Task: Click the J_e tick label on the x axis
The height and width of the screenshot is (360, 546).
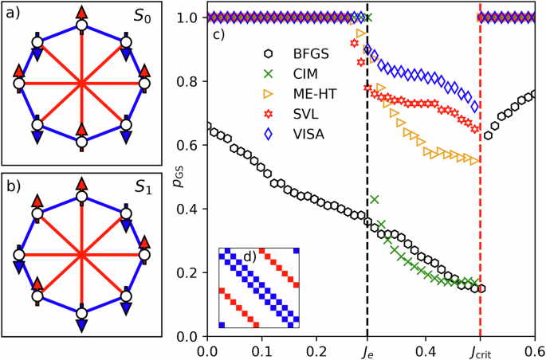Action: [367, 350]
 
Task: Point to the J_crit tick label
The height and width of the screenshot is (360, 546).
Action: [480, 350]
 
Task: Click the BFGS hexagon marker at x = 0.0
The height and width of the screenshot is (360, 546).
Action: [207, 127]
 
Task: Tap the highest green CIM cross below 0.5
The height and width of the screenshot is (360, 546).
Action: [374, 199]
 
